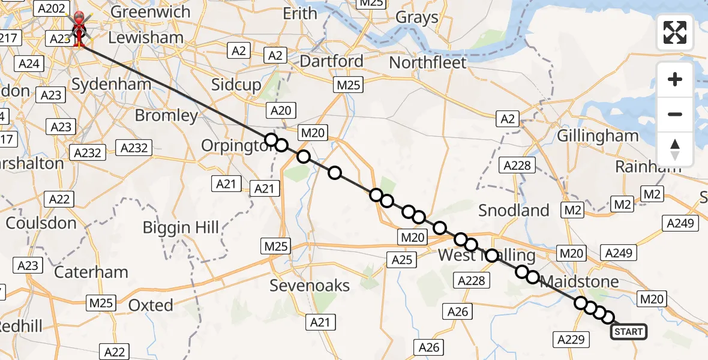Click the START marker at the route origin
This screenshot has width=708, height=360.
(628, 332)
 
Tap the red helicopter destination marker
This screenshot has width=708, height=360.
(79, 29)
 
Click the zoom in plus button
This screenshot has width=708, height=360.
(675, 80)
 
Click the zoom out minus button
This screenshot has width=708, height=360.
(675, 114)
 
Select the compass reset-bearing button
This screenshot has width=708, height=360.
(675, 149)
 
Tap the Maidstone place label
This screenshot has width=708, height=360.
(579, 281)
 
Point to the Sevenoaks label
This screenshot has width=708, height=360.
(310, 286)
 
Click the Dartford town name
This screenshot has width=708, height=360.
(331, 61)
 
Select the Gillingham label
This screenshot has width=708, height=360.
(598, 136)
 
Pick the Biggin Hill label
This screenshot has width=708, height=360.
(181, 227)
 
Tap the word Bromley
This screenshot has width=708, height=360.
(166, 115)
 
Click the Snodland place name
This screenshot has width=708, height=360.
(514, 211)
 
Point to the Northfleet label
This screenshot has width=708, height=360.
(428, 62)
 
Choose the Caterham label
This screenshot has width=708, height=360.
(91, 272)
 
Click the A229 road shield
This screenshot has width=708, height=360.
(571, 340)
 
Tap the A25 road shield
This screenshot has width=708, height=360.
(401, 259)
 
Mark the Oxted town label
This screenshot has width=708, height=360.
(151, 305)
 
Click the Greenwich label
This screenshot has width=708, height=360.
(150, 12)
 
